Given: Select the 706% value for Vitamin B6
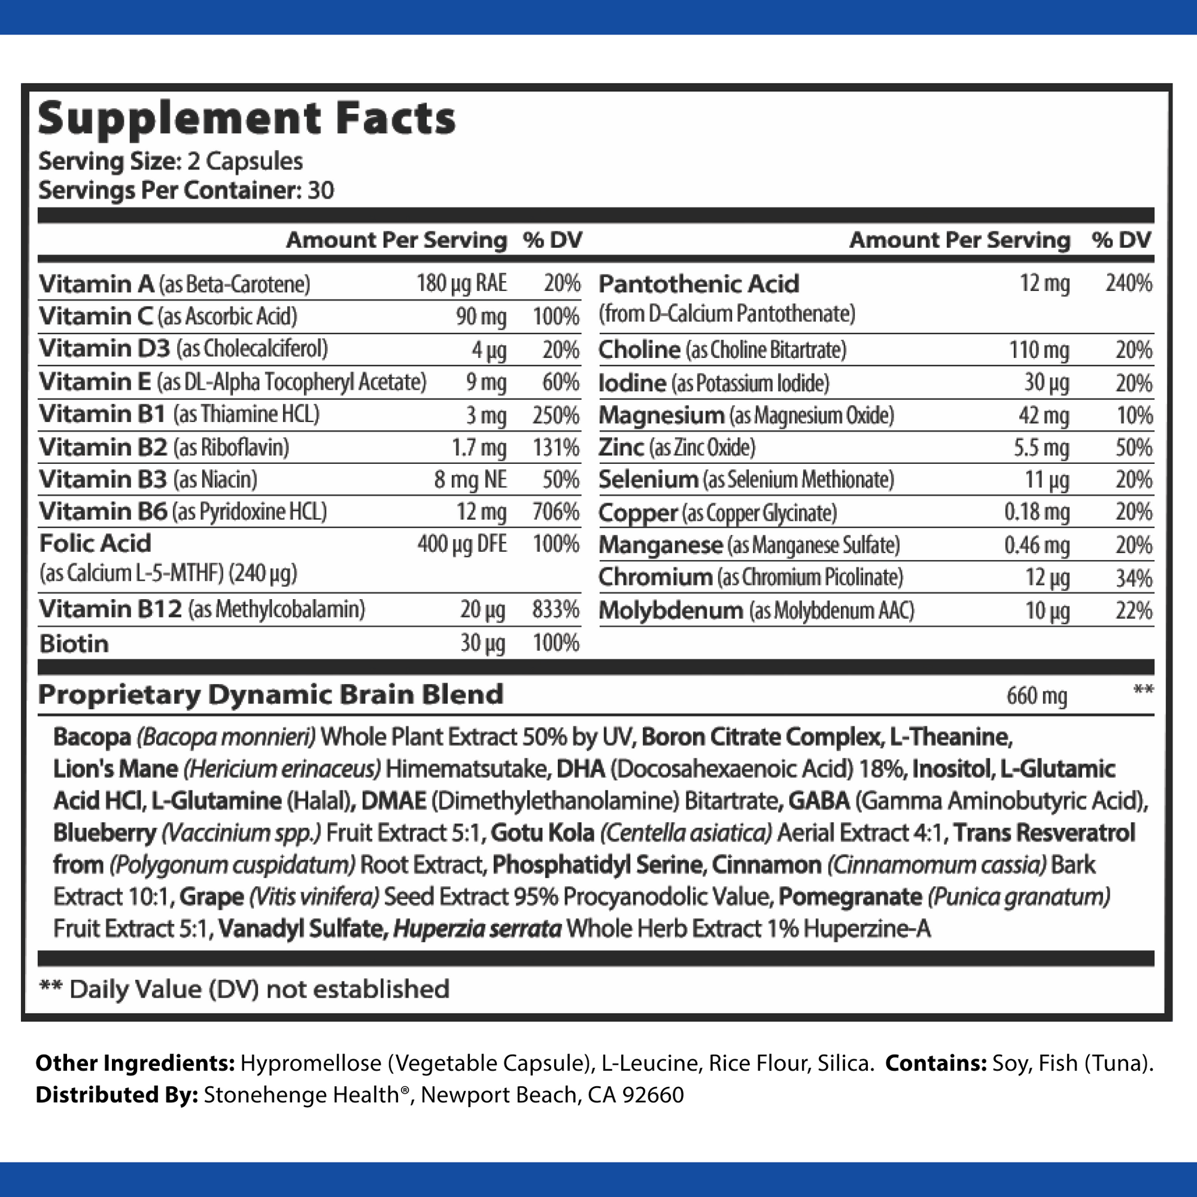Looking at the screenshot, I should coord(556,512).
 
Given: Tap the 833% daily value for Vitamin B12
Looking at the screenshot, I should coord(556,610).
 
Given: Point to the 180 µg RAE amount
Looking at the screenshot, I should coord(461,284).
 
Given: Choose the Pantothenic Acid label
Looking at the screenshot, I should coord(699,284).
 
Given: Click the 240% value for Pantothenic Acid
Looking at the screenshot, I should coord(1129,284).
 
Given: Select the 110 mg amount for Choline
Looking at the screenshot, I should coord(1039,350).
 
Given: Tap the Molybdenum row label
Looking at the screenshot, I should coord(671,611).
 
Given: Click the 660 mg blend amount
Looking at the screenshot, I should coord(1036,696).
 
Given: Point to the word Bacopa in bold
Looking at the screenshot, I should coord(92,738).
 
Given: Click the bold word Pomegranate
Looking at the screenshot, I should coord(850,896).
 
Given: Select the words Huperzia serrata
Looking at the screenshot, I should coord(477,929).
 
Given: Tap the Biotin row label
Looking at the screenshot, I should coord(74,644).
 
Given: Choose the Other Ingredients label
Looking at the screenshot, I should coord(135,1063).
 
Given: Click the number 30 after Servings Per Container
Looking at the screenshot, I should coord(320,190).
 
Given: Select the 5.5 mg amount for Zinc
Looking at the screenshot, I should coord(1041,448).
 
